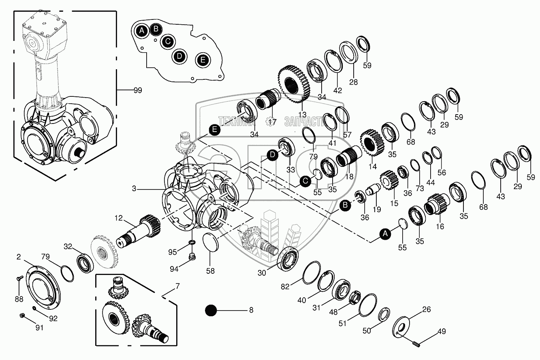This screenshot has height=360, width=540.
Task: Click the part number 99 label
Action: coord(137,90)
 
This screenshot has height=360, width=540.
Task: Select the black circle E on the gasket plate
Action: coord(203,60)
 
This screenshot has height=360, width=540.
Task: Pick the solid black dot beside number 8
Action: coord(211,311)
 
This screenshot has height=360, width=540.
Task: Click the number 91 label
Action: coord(39,328)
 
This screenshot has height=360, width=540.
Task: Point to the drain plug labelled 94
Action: coord(193,256)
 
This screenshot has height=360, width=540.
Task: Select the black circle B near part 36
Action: coord(345,205)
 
